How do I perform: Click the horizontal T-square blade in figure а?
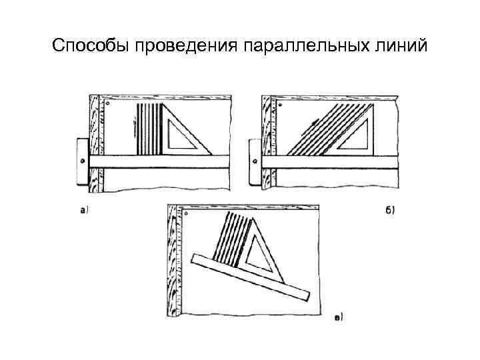coord(160,161)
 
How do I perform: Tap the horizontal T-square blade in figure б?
coord(333,161)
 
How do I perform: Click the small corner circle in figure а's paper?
coord(108,104)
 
